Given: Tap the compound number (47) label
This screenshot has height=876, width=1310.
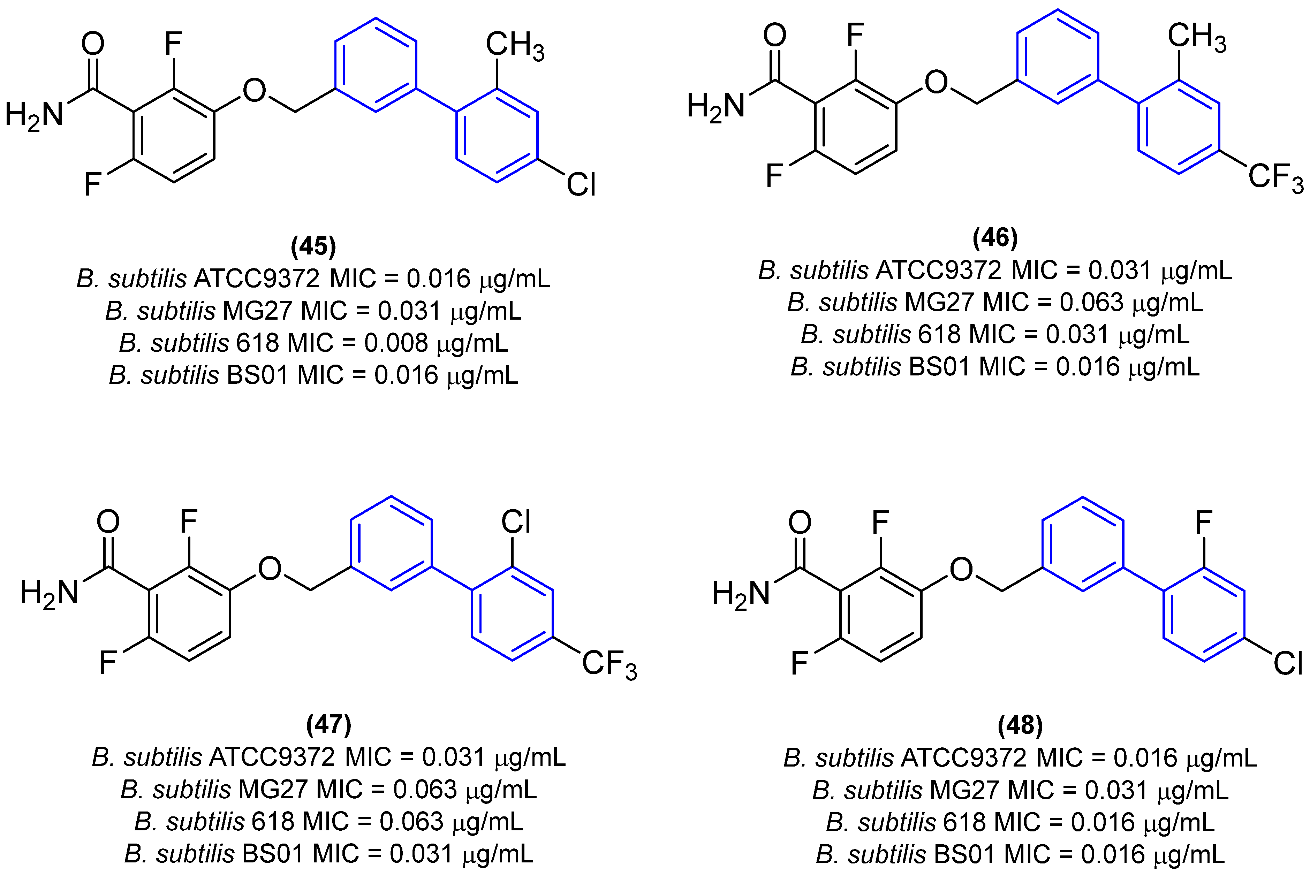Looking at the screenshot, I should click(x=328, y=725).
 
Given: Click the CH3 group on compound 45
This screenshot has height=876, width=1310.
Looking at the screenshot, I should click(x=514, y=45).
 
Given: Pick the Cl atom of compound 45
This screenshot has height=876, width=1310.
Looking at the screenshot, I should click(x=581, y=184).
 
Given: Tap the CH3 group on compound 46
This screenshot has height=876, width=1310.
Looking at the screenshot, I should click(x=1196, y=37).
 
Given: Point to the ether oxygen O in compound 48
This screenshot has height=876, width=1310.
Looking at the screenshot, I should click(x=961, y=569).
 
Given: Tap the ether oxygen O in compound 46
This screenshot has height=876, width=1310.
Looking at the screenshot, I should click(x=936, y=82).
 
